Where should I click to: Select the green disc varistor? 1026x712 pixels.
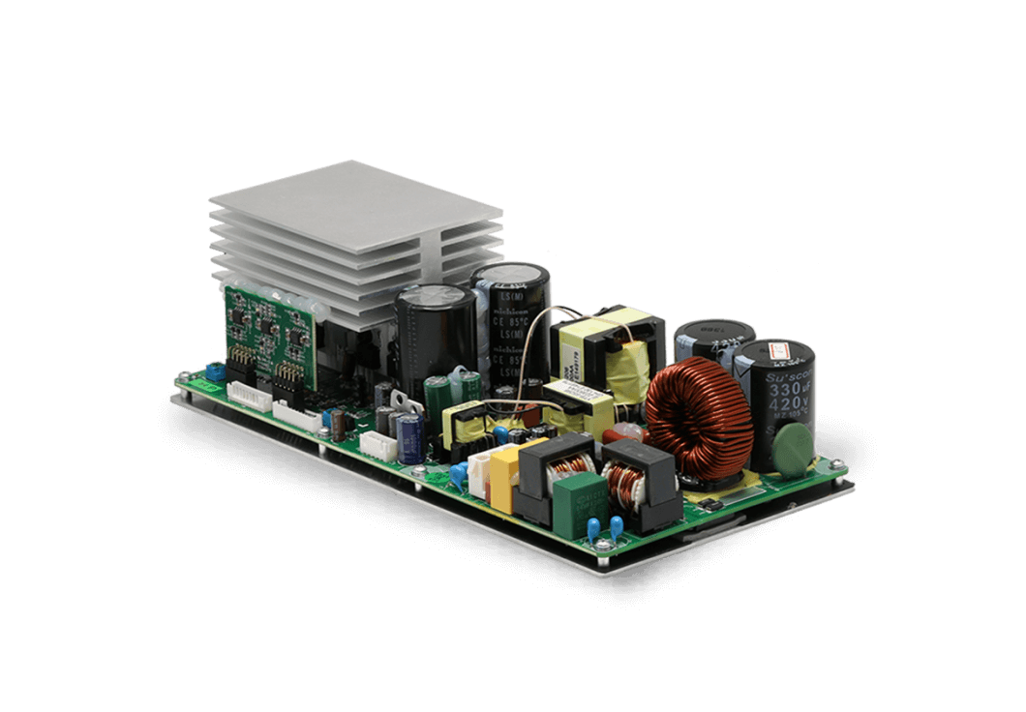pos(793,447)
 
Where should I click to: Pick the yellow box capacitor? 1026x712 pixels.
pos(506,475)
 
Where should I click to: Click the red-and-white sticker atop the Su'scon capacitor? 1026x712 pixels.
pos(779,351)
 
